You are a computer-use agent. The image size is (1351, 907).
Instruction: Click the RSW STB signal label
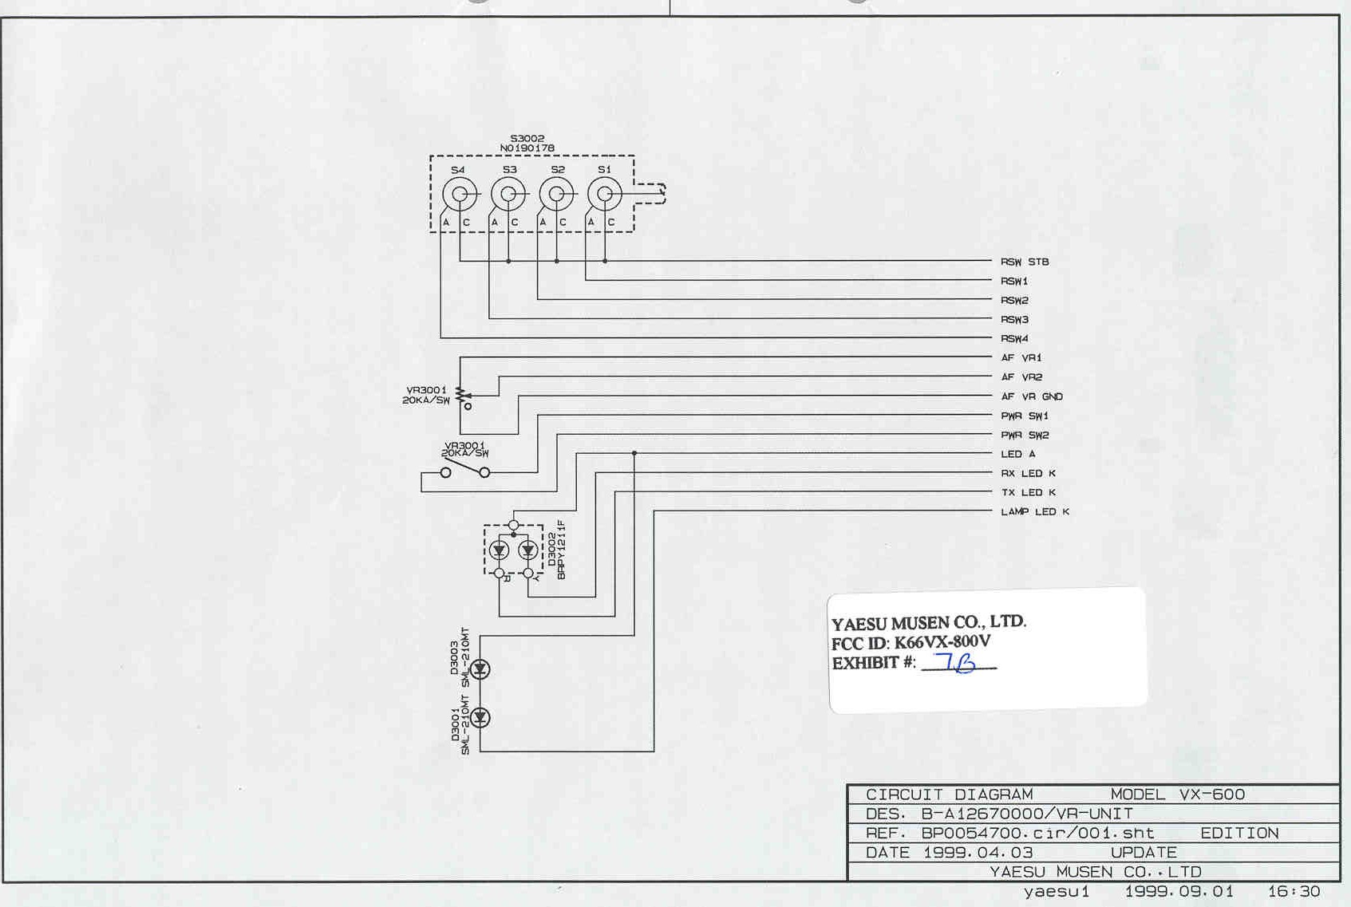pos(1025,262)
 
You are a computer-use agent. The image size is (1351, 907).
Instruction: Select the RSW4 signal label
pos(1014,339)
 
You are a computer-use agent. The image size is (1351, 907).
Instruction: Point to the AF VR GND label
pos(1032,396)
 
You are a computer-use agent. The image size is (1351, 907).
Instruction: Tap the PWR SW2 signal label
pos(1025,436)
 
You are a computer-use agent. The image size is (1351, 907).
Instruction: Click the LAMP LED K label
pos(1035,512)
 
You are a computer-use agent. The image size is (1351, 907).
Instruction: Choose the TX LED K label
pos(1028,493)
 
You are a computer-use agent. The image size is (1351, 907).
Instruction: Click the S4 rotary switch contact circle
pos(460,194)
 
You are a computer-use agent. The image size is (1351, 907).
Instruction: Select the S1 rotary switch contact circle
pos(604,194)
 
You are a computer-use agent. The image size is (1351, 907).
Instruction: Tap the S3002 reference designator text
pos(527,139)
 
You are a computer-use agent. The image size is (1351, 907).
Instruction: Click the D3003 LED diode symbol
pos(480,669)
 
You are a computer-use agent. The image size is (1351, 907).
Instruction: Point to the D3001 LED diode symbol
pos(480,718)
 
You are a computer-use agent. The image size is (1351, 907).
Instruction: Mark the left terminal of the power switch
pos(445,473)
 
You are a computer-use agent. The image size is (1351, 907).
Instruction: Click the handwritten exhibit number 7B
pos(957,662)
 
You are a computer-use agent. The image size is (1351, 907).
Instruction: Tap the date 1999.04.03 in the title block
pos(978,852)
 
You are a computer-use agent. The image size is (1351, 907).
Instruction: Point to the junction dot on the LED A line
pos(634,453)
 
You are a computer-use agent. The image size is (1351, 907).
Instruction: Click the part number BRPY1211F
pos(562,550)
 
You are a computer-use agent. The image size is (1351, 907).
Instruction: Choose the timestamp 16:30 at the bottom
pos(1294,892)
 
